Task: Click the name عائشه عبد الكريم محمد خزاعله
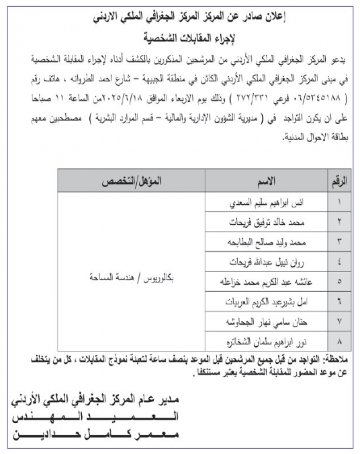click(268, 281)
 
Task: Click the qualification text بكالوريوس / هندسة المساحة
click(132, 280)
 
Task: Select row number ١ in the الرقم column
click(339, 203)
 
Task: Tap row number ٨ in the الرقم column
click(339, 340)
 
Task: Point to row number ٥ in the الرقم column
click(339, 281)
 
